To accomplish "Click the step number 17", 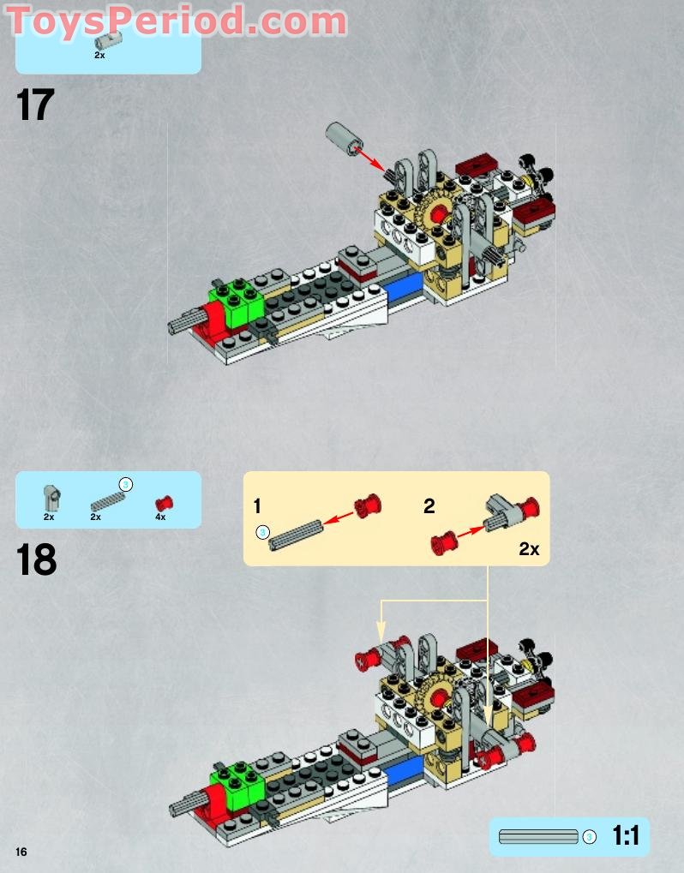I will [35, 106].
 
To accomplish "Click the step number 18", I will [36, 560].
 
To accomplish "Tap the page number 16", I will [21, 851].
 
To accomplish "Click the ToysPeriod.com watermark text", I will [177, 21].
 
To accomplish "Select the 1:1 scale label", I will [626, 835].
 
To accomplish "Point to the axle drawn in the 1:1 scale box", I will [538, 836].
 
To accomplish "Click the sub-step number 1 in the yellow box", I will [258, 505].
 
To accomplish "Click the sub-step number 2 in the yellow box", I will [429, 505].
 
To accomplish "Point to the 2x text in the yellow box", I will [528, 549].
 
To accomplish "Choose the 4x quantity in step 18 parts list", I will [160, 517].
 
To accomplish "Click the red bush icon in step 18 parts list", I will [161, 502].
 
